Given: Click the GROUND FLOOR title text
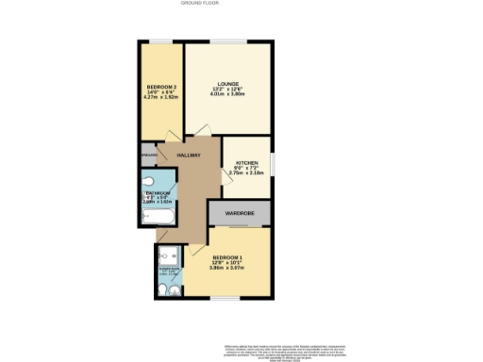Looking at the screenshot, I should [x=193, y=4].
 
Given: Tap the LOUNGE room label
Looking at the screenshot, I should [x=226, y=82].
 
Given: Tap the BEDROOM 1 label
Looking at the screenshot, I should [x=226, y=257].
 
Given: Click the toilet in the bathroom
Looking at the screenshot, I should [x=150, y=180].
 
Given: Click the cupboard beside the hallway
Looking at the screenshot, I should [x=148, y=154].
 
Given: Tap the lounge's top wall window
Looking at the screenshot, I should [x=226, y=41].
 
